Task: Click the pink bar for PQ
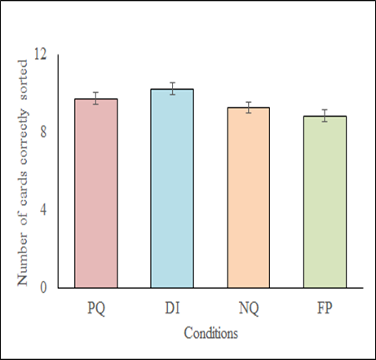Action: (96, 193)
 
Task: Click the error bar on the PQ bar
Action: (96, 99)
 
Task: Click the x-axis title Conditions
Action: (210, 333)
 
